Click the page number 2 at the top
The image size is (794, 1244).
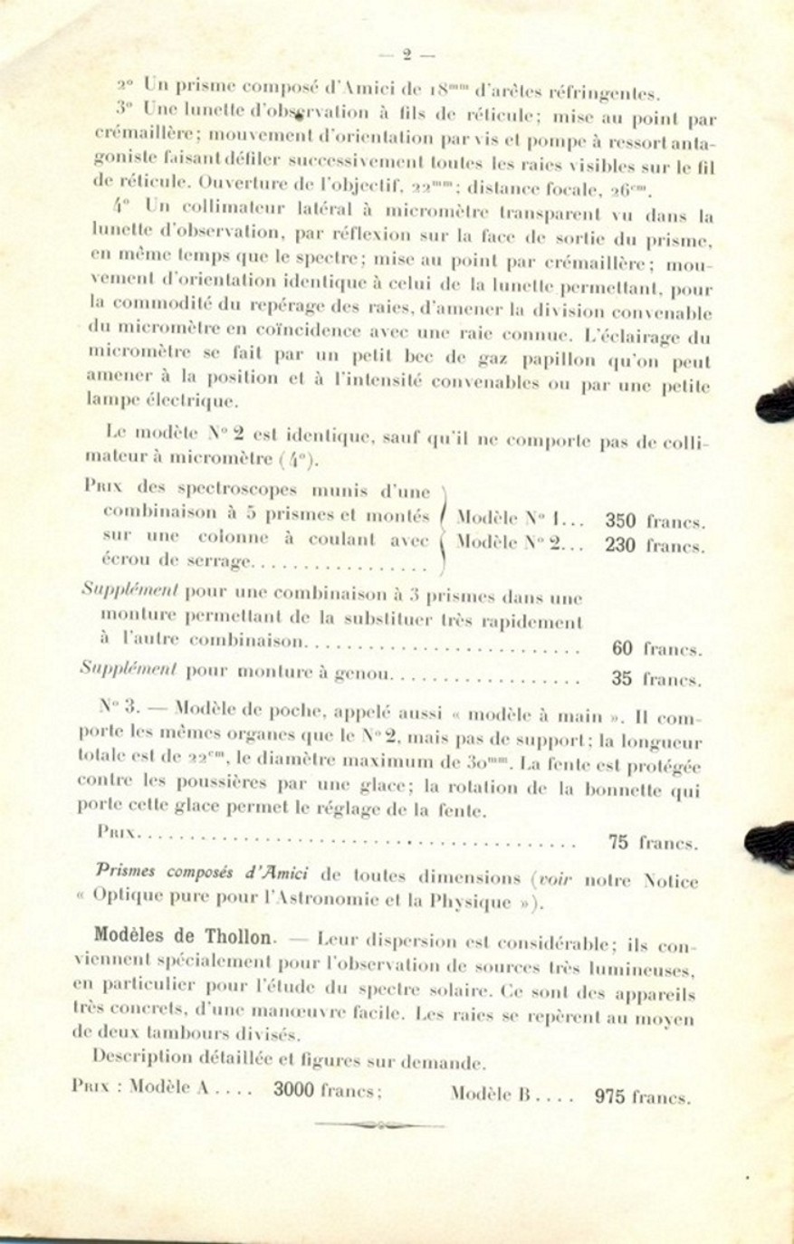pos(407,54)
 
